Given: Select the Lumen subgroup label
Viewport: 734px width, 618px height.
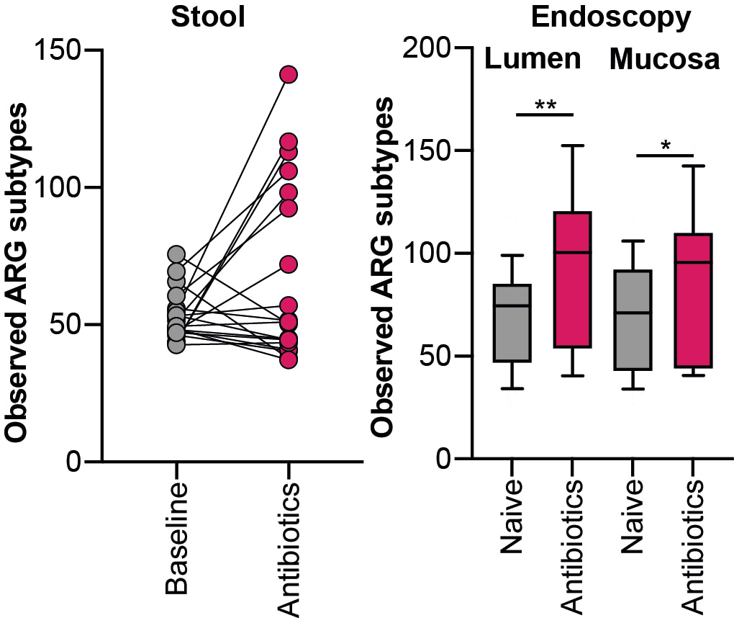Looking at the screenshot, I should tap(533, 59).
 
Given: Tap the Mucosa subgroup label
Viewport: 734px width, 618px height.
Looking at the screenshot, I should tap(664, 60).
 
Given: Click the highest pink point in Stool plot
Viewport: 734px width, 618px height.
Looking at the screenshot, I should tap(289, 74).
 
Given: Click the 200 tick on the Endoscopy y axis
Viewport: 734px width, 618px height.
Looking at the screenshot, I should tap(430, 48).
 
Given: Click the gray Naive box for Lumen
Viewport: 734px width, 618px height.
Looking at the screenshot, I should tap(511, 323).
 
